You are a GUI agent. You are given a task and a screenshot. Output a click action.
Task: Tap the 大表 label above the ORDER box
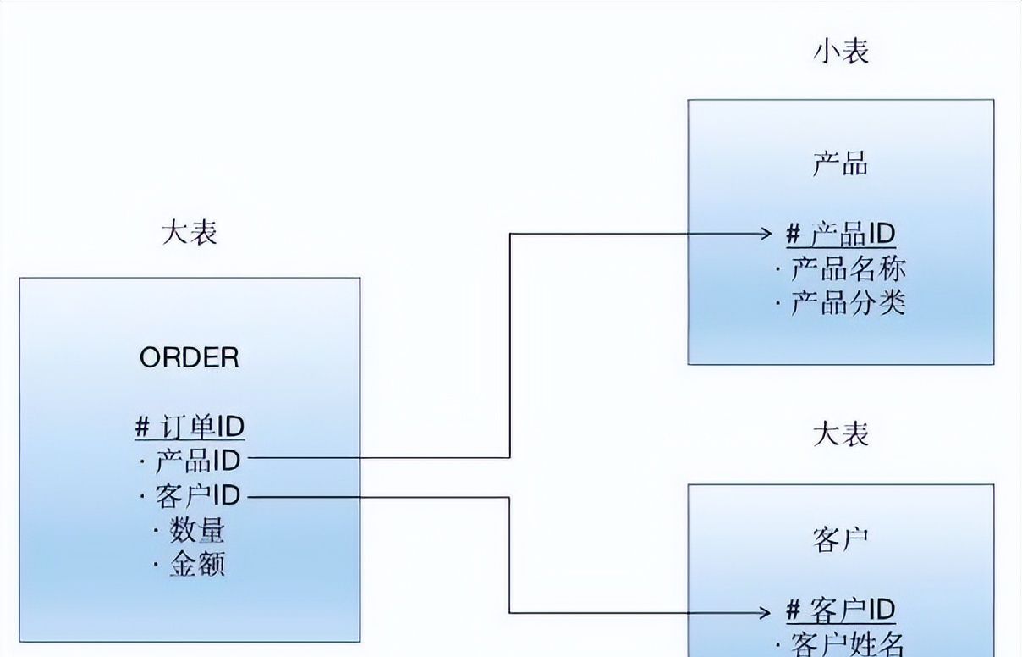point(190,232)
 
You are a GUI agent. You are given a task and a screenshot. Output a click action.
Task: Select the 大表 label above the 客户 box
point(841,435)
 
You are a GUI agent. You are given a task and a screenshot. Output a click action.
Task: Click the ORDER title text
point(190,357)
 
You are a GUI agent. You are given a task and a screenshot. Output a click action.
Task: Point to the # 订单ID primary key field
point(190,426)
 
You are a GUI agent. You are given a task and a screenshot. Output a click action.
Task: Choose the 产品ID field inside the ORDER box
point(198,461)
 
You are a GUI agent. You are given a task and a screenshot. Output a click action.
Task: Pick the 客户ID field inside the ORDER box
point(198,495)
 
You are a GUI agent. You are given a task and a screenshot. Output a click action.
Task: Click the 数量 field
point(197,530)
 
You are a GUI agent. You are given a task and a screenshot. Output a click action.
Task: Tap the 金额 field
point(197,564)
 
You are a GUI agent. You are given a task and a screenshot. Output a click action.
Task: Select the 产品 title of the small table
point(841,164)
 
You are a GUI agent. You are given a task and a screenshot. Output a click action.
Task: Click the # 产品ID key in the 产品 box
point(841,234)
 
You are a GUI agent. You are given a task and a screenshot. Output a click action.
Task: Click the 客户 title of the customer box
point(841,540)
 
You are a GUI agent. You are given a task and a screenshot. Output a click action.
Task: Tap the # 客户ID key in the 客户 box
point(841,610)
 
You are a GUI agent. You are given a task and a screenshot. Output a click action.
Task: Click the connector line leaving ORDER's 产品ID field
point(381,458)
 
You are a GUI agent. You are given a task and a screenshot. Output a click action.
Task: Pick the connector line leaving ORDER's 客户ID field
point(381,497)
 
